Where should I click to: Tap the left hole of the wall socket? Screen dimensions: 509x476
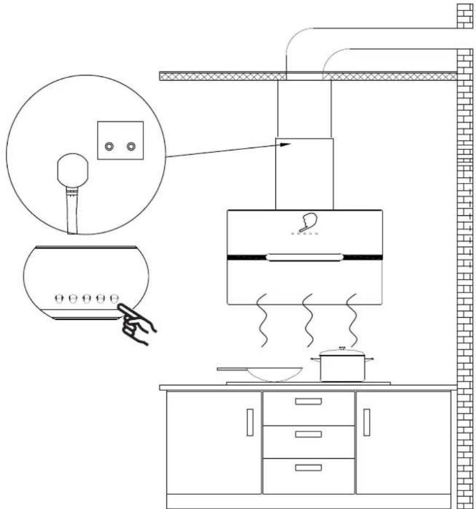[110, 146]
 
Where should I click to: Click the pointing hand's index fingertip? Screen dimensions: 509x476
[119, 307]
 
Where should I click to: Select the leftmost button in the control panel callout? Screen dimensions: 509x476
[58, 298]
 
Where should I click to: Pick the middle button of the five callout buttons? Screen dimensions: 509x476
[86, 298]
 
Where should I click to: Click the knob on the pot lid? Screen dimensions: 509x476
[342, 348]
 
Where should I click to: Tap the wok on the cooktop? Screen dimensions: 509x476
[274, 374]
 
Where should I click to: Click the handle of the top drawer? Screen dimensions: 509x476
[308, 402]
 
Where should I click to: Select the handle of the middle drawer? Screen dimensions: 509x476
[308, 434]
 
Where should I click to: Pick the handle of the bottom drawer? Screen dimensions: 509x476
[308, 467]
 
